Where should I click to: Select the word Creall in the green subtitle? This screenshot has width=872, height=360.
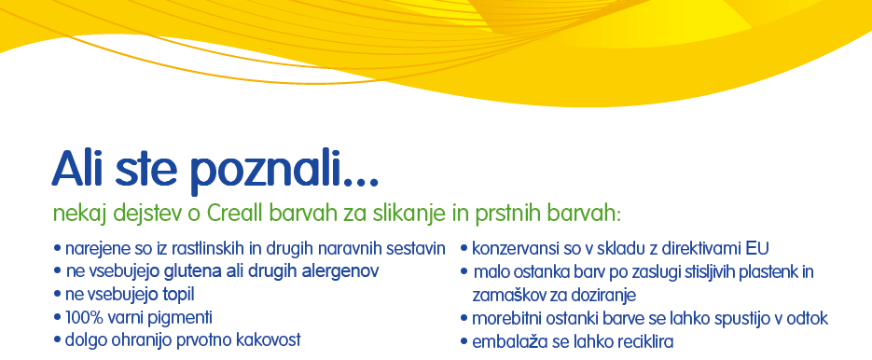235,213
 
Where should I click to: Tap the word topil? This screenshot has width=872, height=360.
177,295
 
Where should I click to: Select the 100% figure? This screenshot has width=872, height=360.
80,318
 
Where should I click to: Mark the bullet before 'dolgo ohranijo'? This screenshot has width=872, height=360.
57,339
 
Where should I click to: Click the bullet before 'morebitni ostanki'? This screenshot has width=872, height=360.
464,319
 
